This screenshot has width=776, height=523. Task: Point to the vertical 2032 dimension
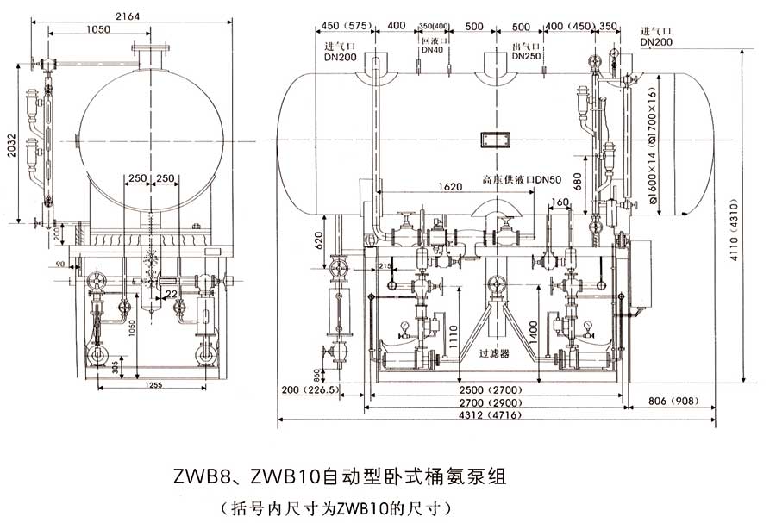[x=8, y=146]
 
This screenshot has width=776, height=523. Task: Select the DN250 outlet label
[x=526, y=56]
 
